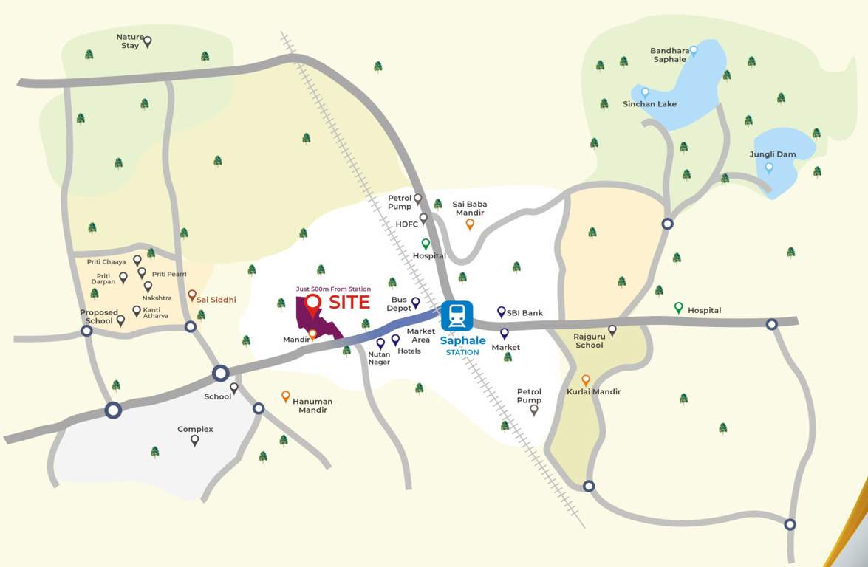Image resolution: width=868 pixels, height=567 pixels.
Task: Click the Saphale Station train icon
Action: point(457,316)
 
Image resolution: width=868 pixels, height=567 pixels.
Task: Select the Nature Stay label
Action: point(129,41)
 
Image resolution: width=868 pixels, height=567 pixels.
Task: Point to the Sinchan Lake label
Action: point(649,104)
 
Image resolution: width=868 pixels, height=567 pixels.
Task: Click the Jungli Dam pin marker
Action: point(769,168)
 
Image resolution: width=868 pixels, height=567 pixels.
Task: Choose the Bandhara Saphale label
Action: point(669,55)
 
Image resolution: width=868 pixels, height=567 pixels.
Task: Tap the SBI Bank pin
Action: point(501,312)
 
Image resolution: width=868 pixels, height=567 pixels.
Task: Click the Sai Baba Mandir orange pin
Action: point(469,224)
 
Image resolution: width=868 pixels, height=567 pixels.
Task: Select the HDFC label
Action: point(406,224)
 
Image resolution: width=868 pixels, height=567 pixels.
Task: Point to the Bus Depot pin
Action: point(415,302)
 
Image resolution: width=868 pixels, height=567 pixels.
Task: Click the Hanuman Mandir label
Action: point(312,405)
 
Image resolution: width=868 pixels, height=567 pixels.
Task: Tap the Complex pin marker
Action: point(194,441)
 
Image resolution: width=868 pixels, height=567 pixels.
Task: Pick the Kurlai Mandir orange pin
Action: point(585,381)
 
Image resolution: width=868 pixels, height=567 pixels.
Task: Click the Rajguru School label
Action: point(589,340)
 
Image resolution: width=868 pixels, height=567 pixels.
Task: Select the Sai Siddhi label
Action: point(216,300)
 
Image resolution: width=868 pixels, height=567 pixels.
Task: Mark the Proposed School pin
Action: point(120,320)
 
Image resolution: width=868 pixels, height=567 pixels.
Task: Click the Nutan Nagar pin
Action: point(380,343)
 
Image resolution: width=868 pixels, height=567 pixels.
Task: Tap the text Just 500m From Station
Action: point(333,289)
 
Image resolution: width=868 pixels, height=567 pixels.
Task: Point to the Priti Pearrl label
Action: point(169,274)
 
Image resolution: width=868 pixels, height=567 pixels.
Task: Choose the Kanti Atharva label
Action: point(156,313)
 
